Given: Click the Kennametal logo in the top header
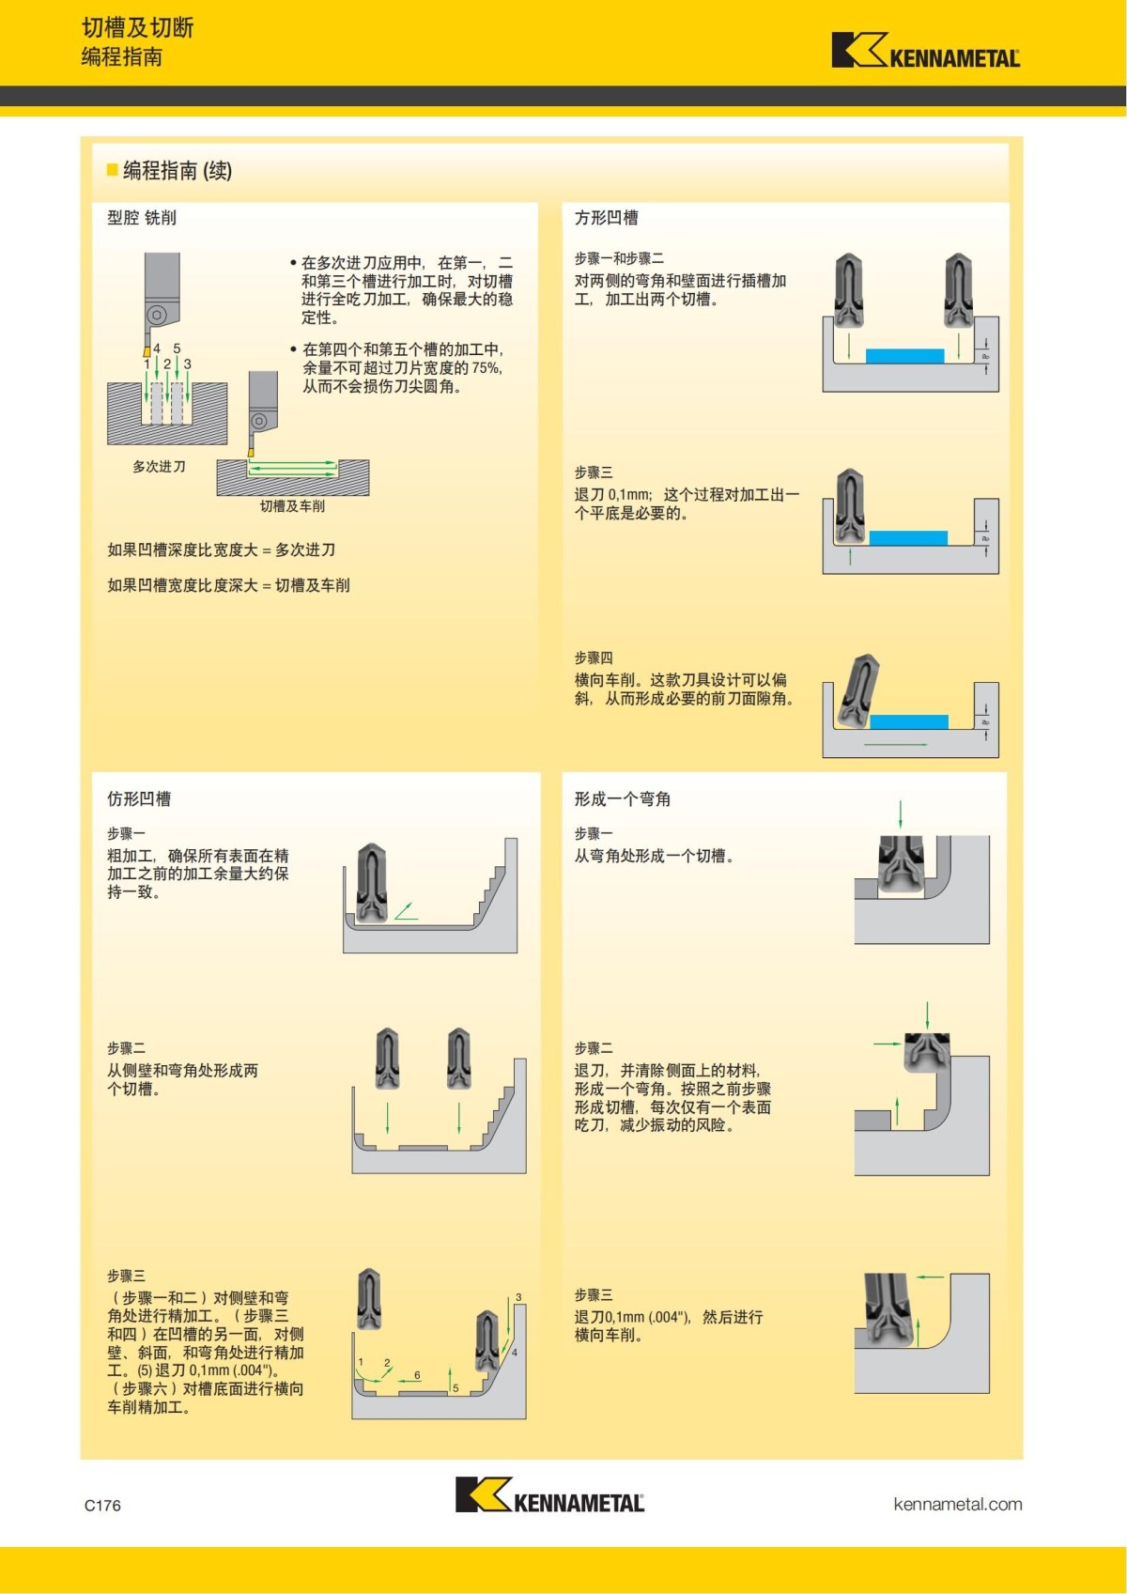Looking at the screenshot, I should click(x=925, y=51).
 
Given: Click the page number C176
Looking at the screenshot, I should click(x=102, y=1505).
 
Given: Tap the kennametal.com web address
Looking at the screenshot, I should click(x=957, y=1504).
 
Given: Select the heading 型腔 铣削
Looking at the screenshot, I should click(x=142, y=218).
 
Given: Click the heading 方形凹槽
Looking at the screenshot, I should click(x=606, y=218).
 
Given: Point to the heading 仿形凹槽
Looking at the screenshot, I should click(x=139, y=799).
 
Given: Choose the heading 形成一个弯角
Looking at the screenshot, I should click(x=622, y=799).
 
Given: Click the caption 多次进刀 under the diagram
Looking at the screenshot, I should click(x=159, y=467).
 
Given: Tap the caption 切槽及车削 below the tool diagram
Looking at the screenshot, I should click(x=292, y=506).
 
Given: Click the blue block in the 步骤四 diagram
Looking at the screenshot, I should click(x=908, y=721).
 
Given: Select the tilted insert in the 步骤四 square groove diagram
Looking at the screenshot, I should click(x=857, y=690).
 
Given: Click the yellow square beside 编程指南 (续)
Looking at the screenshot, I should click(x=113, y=170).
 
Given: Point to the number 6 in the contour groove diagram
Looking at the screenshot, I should click(x=417, y=1375).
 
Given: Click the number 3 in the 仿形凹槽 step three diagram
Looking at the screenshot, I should click(x=518, y=1297).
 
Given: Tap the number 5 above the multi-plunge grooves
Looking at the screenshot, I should click(x=177, y=348).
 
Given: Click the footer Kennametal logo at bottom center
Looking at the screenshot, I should click(x=549, y=1495).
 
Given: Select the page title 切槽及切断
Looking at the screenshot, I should click(x=137, y=28).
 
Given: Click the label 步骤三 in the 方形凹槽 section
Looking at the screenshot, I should click(x=594, y=472).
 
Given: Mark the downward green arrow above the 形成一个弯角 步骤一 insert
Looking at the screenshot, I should click(x=900, y=813).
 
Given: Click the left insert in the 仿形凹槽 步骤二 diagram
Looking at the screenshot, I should click(x=387, y=1059).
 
